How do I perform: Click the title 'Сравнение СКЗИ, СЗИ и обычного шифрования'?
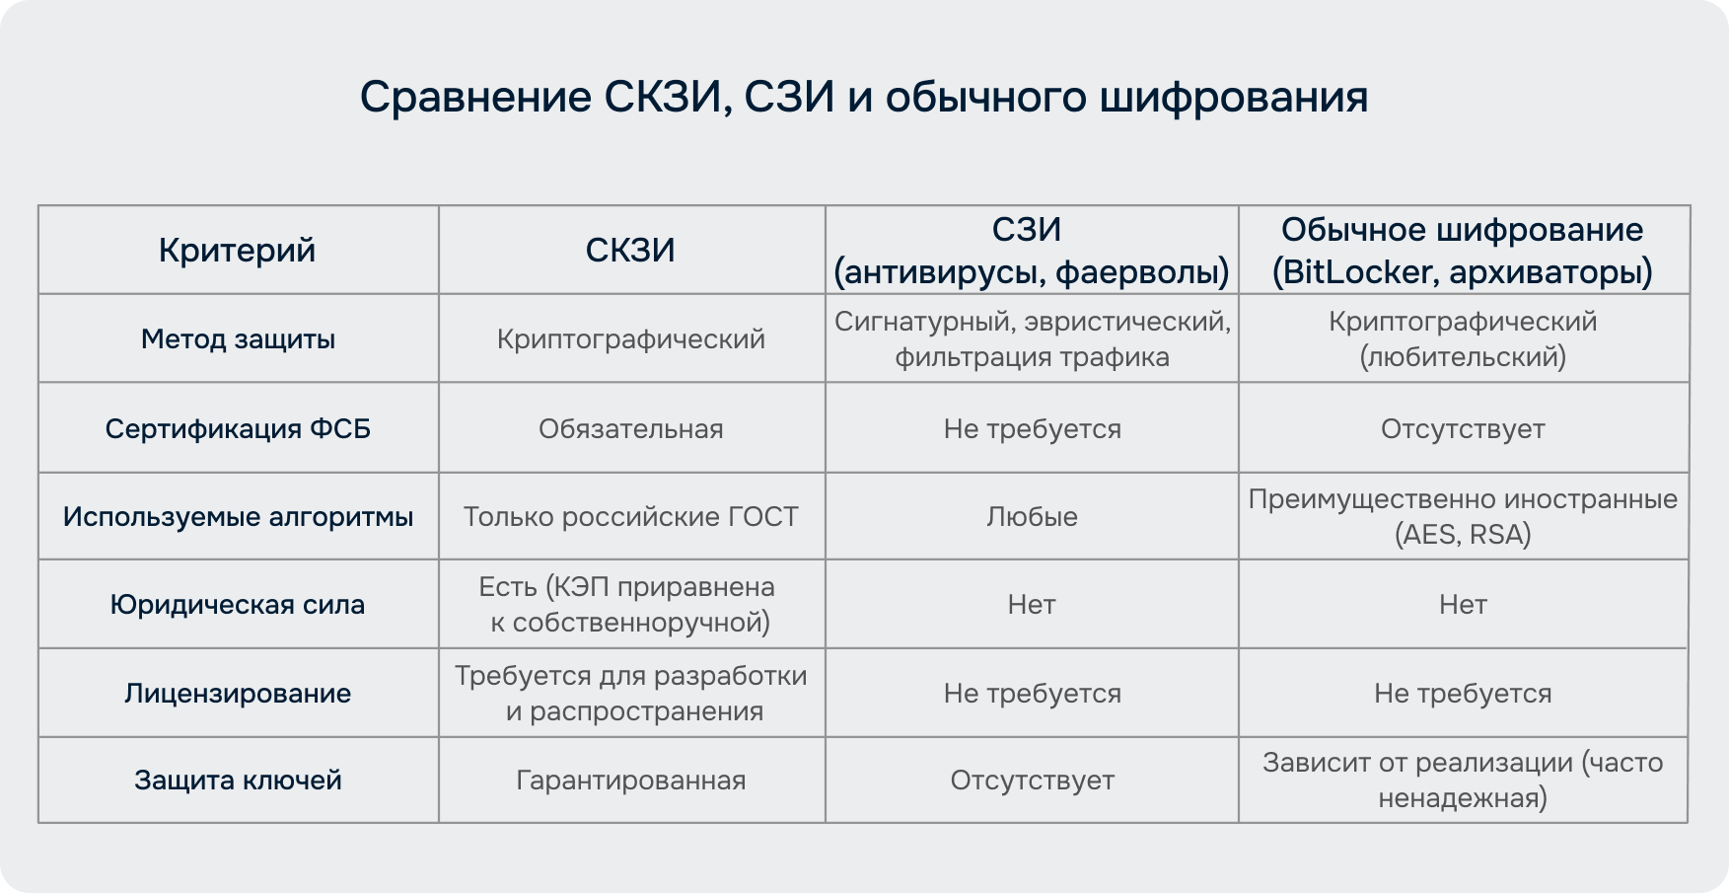click(863, 98)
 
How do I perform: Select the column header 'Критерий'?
click(238, 251)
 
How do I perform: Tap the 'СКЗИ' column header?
click(630, 251)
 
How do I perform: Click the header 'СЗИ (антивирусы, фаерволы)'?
click(1032, 251)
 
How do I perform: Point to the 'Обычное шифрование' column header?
click(1462, 230)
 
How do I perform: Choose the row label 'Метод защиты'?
click(238, 339)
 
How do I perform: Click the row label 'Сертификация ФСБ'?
click(238, 429)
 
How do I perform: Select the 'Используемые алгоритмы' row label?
click(238, 517)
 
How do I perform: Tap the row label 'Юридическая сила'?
click(238, 605)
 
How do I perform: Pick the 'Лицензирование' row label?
click(238, 694)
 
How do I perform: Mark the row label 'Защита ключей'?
click(238, 781)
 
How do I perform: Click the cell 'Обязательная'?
click(630, 429)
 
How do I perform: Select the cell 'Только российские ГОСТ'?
click(630, 517)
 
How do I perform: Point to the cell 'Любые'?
click(1032, 517)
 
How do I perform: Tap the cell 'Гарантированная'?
click(630, 781)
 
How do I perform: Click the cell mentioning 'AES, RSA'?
click(1462, 517)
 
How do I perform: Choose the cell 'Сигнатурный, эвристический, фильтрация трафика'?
click(1032, 339)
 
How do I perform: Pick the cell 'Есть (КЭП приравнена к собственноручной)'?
click(630, 605)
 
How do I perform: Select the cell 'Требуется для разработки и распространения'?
click(630, 694)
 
